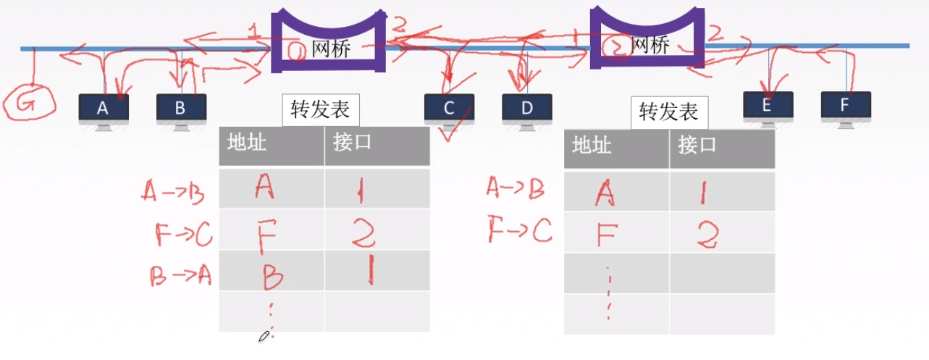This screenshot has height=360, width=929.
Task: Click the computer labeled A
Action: pos(104,109)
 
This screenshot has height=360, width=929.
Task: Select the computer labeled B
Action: pos(181,109)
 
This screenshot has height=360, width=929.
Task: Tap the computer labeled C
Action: pos(449,109)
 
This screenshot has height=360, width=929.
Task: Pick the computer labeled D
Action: pos(526,109)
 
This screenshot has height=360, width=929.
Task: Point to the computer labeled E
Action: pos(768,106)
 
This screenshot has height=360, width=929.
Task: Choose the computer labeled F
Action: pos(845,106)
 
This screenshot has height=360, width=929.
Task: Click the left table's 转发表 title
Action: pos(320,110)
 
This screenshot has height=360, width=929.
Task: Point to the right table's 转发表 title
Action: pos(668,112)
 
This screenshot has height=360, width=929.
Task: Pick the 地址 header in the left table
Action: pos(247,143)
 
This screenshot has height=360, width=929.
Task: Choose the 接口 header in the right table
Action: pos(697,146)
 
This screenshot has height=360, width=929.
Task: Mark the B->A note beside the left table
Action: pos(179,276)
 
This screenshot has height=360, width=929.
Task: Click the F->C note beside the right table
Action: pos(519,231)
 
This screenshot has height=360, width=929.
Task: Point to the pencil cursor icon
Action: pos(264,336)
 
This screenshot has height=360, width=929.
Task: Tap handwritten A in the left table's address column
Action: pos(266,188)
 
